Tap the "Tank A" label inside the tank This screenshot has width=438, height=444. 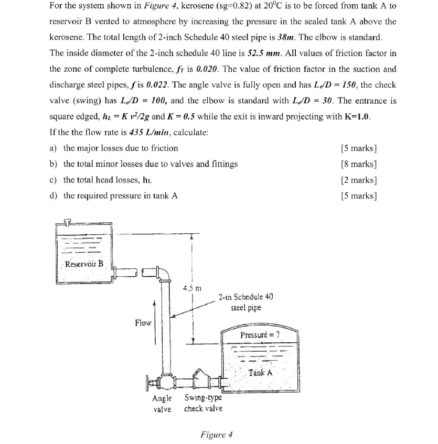pos(261,373)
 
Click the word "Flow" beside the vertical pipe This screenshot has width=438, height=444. pos(143,322)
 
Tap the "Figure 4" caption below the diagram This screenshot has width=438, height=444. pos(217,435)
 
